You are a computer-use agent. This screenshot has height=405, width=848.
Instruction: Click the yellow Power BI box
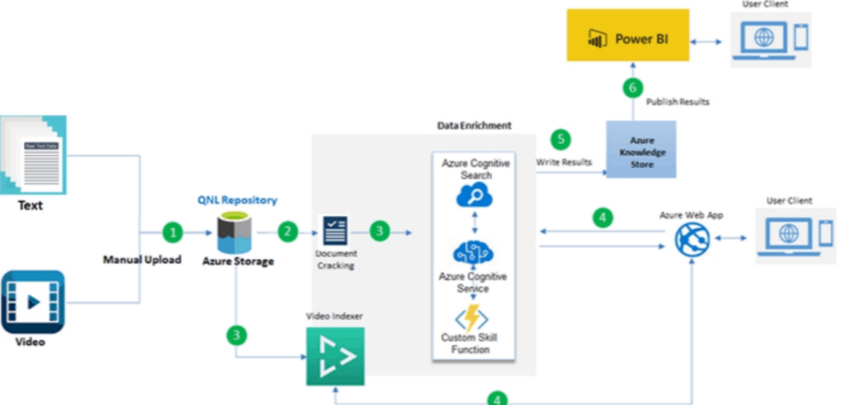[x=628, y=39]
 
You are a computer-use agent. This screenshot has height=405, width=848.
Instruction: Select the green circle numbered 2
[x=287, y=232]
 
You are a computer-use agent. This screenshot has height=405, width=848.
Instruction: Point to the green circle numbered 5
[x=561, y=139]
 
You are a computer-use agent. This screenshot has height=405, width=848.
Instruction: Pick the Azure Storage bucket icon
[x=235, y=234]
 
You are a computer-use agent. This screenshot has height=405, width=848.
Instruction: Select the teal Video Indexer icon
[x=335, y=357]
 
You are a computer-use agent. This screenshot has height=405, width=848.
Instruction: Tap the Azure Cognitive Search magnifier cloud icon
[x=474, y=195]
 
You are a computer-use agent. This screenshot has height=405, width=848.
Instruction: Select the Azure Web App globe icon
[x=692, y=240]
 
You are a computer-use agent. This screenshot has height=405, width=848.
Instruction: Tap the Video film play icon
[x=33, y=302]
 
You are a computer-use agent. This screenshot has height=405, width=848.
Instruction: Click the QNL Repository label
[x=237, y=200]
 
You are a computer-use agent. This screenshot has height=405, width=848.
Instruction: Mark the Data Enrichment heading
[x=474, y=126]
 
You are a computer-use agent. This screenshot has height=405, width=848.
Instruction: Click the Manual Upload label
[x=142, y=260]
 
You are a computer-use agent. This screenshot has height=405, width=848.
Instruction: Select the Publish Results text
[x=677, y=102]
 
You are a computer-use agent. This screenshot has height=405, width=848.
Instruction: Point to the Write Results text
[x=564, y=163]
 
